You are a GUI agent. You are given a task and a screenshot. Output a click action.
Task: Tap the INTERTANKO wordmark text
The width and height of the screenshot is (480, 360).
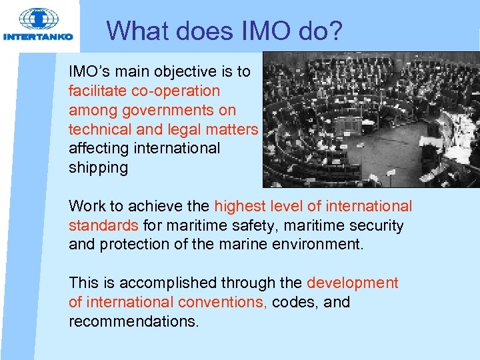pos(38,37)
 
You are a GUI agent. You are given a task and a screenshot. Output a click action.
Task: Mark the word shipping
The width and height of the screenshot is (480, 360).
pos(98,167)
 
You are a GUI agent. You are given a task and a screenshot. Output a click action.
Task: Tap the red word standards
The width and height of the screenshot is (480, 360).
pos(103,225)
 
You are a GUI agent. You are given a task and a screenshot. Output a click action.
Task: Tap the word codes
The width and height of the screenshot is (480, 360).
pos(295,302)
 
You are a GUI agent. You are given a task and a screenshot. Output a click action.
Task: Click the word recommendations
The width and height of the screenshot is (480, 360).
pos(133,321)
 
